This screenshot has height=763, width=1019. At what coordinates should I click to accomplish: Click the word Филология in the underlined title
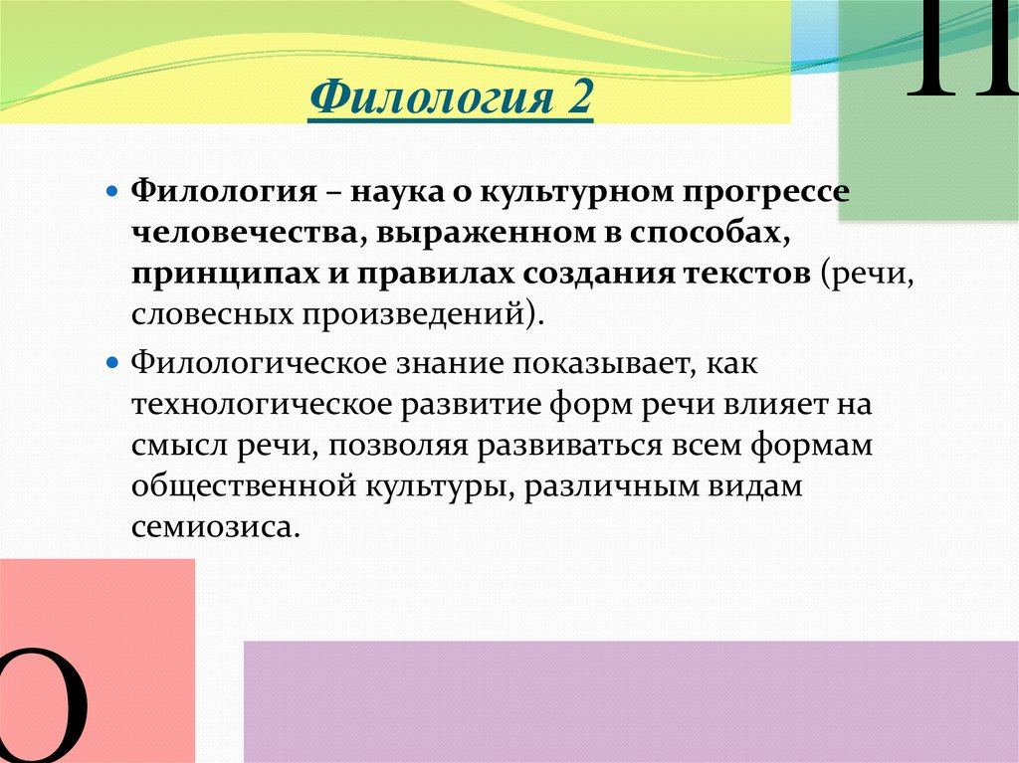[x=431, y=98]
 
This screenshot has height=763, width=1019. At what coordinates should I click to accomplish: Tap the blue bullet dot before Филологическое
[x=113, y=362]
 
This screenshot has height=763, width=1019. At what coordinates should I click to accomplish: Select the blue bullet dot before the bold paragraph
[x=113, y=192]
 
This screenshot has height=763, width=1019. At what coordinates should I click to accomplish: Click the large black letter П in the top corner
[x=963, y=48]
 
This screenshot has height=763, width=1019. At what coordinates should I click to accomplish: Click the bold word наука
[x=396, y=192]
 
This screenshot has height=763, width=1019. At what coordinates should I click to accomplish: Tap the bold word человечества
[x=245, y=233]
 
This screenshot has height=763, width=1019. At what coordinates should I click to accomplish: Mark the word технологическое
[x=262, y=404]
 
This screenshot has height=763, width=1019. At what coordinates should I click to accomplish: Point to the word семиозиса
[x=216, y=526]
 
